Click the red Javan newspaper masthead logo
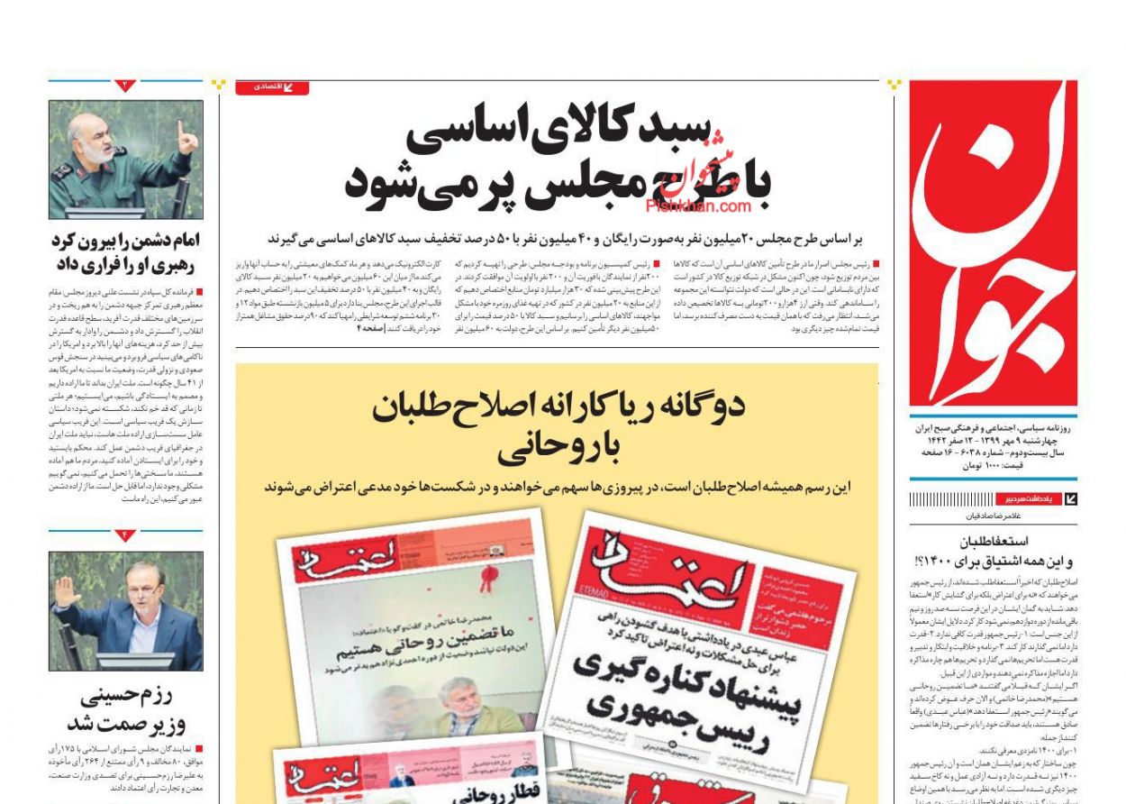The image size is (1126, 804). click(993, 243)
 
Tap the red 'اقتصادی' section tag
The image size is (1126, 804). click(272, 87)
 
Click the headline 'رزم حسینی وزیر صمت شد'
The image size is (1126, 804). click(125, 710)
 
